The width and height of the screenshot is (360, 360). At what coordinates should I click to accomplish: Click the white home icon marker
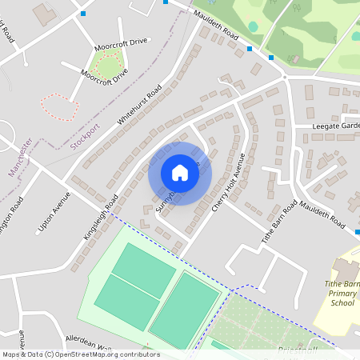180,173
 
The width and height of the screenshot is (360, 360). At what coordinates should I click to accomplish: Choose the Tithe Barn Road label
279,222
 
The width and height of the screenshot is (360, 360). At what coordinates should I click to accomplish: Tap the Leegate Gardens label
337,126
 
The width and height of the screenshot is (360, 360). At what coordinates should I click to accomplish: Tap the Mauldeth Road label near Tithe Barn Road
323,210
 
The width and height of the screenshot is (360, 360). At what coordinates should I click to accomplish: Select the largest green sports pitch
184,309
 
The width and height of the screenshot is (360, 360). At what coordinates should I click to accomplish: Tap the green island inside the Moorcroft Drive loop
107,64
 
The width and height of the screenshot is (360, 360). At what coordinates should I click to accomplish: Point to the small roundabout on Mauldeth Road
285,78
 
